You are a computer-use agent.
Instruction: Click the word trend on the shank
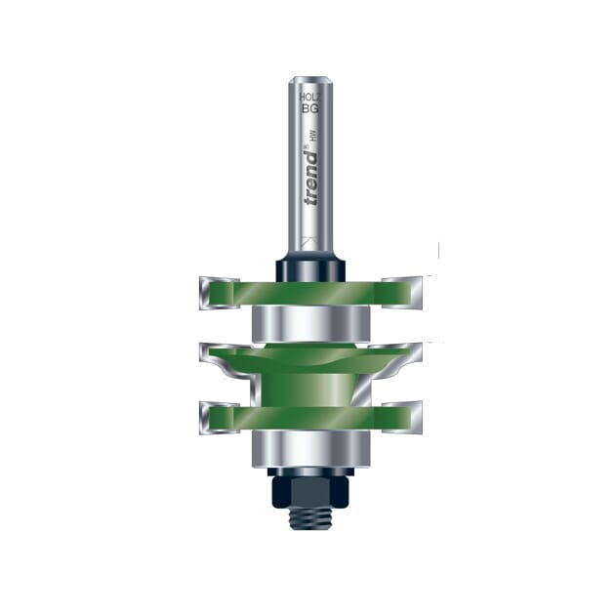pyautogui.click(x=311, y=180)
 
